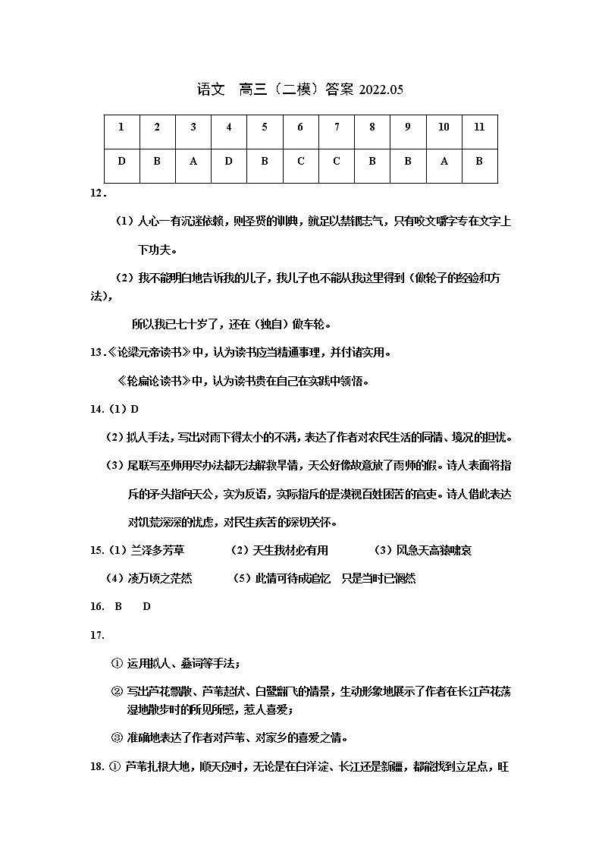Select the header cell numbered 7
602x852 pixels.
337,127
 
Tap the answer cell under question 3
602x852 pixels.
193,162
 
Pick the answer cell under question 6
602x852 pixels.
301,162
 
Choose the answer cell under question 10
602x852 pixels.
444,162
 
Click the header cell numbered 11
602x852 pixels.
479,127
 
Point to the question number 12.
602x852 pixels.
97,193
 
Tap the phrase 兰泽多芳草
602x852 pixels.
158,550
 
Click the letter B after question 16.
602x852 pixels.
118,607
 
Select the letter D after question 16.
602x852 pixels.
147,607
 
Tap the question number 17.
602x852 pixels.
96,635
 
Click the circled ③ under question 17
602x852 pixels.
117,737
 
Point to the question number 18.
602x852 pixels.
96,766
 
